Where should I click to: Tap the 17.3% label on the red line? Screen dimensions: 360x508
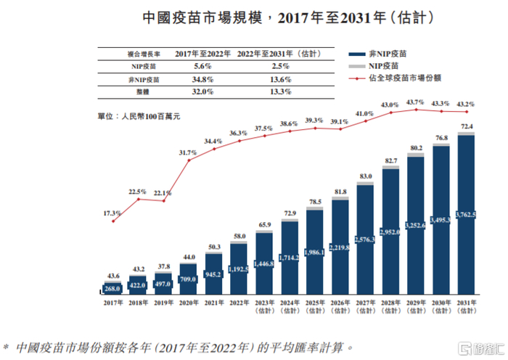[112, 213]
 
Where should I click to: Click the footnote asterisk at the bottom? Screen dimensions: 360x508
[7, 346]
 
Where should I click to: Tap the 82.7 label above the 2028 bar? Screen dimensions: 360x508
[390, 160]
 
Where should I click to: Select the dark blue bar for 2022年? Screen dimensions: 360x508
[239, 269]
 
